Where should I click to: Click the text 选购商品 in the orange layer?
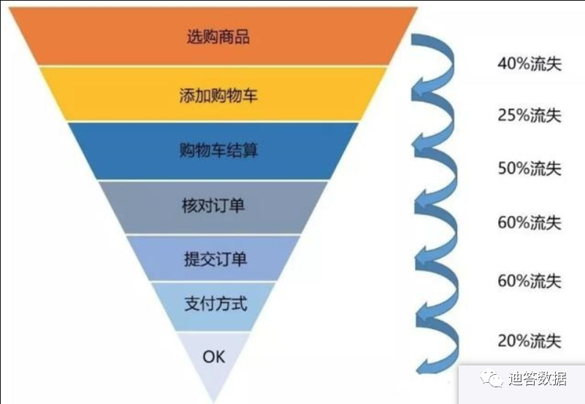pyautogui.click(x=218, y=36)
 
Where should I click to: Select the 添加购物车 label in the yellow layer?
pyautogui.click(x=218, y=95)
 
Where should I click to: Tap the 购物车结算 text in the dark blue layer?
pyautogui.click(x=218, y=150)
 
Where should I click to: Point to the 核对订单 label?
pyautogui.click(x=213, y=206)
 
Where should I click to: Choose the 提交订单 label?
pyautogui.click(x=215, y=259)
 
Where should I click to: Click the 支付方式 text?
pyautogui.click(x=215, y=303)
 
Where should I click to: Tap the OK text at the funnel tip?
pyautogui.click(x=214, y=357)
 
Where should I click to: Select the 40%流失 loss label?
pyautogui.click(x=529, y=63)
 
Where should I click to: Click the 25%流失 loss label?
pyautogui.click(x=529, y=115)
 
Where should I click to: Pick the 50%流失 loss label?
pyautogui.click(x=529, y=168)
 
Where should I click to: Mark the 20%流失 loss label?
pyautogui.click(x=529, y=341)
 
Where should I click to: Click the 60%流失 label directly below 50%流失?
pyautogui.click(x=529, y=222)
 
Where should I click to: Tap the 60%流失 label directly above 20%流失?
pyautogui.click(x=529, y=281)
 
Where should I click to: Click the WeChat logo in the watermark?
pyautogui.click(x=492, y=378)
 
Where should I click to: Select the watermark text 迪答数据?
pyautogui.click(x=538, y=378)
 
